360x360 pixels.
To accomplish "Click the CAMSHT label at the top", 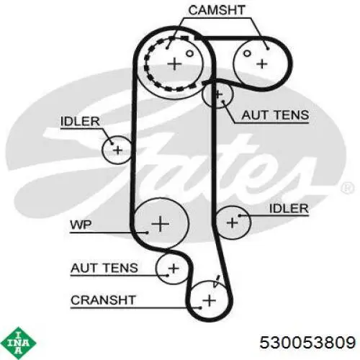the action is [217, 10].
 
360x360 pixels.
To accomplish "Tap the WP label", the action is [81, 225].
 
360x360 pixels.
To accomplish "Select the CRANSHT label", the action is [104, 300].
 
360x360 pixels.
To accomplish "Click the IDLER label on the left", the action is [80, 121].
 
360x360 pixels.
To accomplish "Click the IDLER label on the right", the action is [289, 208].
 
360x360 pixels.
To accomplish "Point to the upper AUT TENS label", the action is [275, 115].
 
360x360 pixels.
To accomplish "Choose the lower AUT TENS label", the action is [104, 268].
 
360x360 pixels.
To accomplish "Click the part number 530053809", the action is [307, 342].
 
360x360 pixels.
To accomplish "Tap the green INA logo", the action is [18, 343].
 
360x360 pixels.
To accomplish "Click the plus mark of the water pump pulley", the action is [160, 224].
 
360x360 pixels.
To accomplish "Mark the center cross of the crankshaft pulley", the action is [209, 300].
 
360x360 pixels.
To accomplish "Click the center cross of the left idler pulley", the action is [117, 150].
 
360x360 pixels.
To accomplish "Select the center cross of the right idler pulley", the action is [232, 222].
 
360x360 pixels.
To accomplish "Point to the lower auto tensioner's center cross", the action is [174, 268].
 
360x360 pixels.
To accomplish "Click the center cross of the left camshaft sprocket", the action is [174, 64].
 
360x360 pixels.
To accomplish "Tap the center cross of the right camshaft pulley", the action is [262, 64].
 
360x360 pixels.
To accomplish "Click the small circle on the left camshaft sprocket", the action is [189, 53].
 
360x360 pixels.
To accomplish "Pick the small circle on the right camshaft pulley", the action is [247, 53].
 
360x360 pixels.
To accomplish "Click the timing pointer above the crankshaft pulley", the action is [217, 281].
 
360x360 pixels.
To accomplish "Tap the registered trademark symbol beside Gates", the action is [347, 188].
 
